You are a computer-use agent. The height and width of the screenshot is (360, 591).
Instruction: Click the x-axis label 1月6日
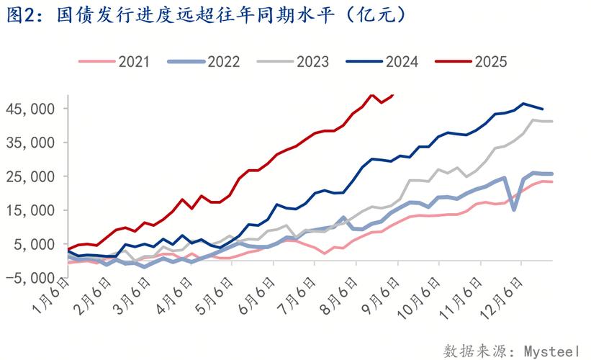(x=53, y=302)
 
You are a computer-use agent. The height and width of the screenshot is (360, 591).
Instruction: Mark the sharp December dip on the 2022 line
(x=514, y=210)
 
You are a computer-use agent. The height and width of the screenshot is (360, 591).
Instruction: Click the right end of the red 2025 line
(x=394, y=94)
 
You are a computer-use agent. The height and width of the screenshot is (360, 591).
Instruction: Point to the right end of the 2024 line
(x=543, y=109)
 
